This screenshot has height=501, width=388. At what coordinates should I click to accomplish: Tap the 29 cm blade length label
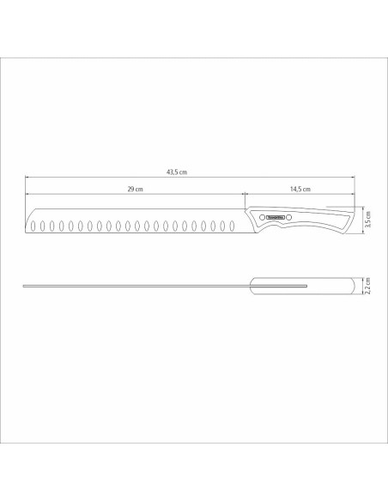pos(133,189)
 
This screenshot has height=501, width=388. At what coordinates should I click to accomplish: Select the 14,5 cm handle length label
pos(300,189)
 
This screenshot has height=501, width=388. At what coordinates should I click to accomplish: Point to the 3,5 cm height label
pos(367,220)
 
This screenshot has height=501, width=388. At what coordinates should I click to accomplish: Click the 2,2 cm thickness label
pos(367,285)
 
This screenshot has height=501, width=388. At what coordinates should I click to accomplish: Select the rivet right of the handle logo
pos(290,218)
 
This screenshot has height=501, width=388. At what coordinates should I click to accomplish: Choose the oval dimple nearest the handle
pos(230,226)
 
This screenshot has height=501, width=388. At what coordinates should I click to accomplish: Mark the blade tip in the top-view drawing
pos(26,285)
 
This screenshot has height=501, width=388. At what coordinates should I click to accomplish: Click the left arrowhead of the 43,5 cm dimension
pos(26,177)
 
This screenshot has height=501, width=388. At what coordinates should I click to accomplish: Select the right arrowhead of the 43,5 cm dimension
pos(352,177)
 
